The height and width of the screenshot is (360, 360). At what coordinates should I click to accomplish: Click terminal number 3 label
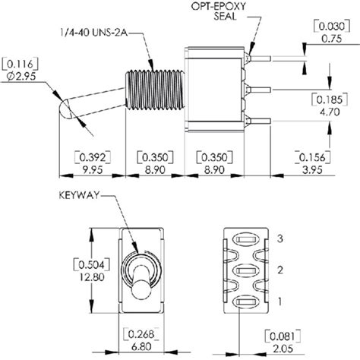pyautogui.click(x=281, y=239)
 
